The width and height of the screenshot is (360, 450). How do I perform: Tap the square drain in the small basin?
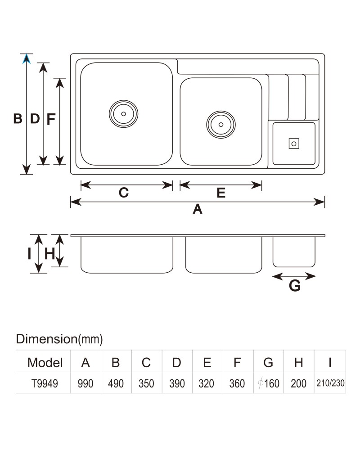pos(294,144)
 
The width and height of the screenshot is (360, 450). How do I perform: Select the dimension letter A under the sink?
pos(198,209)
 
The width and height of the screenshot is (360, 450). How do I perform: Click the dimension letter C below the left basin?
pos(124,193)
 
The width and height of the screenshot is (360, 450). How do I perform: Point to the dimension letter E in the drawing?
pos(221,193)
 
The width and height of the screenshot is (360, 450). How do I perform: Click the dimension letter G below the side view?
pos(295,286)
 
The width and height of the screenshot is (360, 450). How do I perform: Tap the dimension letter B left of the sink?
pos(18,118)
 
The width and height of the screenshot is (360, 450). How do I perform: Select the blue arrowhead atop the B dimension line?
pos(27,59)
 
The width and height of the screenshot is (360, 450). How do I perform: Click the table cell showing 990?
pos(85,383)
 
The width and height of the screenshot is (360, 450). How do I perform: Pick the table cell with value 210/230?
pos(330,383)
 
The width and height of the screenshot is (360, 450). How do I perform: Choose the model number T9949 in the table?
pos(45,383)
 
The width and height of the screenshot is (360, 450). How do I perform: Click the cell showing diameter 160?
pos(269,383)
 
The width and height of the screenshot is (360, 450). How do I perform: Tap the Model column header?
pos(45,362)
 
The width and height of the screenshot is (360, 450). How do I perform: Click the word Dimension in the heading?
pos(46,339)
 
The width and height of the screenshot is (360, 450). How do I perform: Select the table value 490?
pos(116,383)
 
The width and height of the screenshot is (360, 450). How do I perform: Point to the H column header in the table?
pos(298,362)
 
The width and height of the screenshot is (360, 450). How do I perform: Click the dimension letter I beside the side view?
pos(29,254)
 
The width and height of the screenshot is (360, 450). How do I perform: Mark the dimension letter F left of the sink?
pos(51,119)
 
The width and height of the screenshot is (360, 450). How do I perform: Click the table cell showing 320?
pos(207,383)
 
